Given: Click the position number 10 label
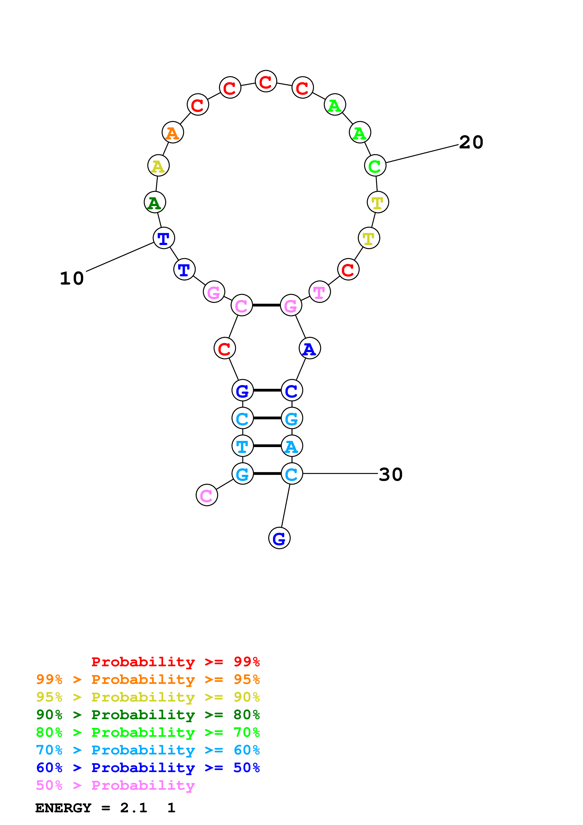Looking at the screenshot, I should (x=72, y=278).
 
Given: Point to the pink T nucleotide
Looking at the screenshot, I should (x=319, y=292).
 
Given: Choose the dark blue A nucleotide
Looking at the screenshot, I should (x=310, y=349).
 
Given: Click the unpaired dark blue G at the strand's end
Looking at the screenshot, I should (x=279, y=538).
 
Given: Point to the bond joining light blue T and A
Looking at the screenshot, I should (x=267, y=446).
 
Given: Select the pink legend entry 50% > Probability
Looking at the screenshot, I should (x=115, y=785).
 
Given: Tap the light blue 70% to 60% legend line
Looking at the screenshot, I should (x=148, y=750).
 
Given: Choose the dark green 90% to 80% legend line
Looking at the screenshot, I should (x=148, y=715).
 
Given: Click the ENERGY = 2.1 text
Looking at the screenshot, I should (x=91, y=808).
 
